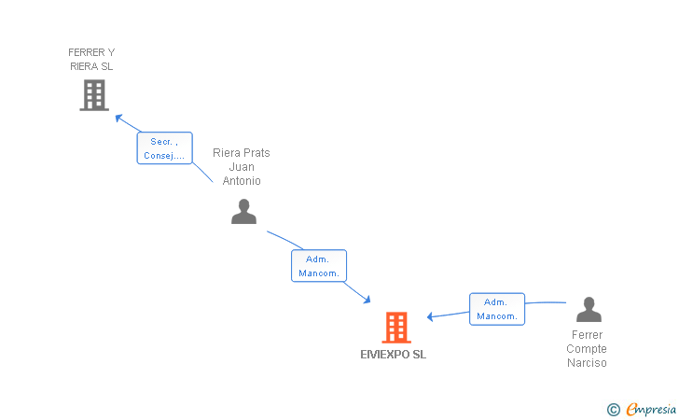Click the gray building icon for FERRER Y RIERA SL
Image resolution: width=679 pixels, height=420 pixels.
click(94, 95)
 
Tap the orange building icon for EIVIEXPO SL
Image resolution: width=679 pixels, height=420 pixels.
click(396, 328)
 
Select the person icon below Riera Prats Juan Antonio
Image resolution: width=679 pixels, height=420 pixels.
click(243, 212)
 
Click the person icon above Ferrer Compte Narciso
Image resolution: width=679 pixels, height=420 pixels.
click(589, 310)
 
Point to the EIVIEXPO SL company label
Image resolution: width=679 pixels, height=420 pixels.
click(394, 355)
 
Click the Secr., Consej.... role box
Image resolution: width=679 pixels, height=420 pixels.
click(164, 148)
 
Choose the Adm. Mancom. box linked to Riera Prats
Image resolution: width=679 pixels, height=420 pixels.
click(319, 266)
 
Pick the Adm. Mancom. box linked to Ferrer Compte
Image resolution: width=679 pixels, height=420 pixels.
click(497, 309)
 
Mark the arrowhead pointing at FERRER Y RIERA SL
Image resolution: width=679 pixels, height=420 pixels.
click(118, 118)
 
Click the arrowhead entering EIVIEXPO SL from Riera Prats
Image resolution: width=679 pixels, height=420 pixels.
click(367, 300)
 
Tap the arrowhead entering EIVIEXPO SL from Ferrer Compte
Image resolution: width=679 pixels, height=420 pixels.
click(430, 316)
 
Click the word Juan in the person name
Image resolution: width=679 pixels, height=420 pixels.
click(242, 167)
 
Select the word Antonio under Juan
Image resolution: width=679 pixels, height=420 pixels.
click(242, 181)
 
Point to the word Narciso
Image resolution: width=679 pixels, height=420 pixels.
click(587, 363)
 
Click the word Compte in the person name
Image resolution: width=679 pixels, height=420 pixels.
click(587, 349)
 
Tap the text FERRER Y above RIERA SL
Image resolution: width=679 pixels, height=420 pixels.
click(91, 52)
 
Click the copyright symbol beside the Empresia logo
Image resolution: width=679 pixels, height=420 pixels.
click(614, 410)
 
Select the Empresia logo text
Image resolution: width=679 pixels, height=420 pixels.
click(651, 409)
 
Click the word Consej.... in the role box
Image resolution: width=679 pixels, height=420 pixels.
click(164, 156)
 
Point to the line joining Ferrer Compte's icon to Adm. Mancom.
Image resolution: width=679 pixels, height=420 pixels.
click(546, 302)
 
